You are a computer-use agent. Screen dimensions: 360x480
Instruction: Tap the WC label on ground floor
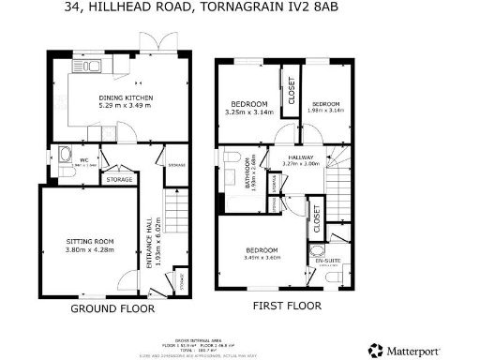[x=83, y=159]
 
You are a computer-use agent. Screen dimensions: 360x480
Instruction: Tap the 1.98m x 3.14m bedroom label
[x=325, y=107]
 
